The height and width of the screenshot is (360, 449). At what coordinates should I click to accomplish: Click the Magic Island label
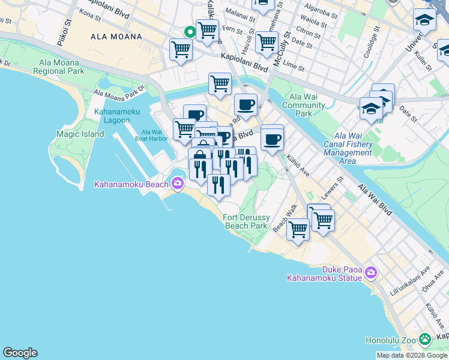80,134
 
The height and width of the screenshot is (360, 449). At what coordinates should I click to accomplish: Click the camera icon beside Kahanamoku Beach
177,184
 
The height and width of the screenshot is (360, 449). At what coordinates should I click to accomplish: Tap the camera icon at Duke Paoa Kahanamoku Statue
370,273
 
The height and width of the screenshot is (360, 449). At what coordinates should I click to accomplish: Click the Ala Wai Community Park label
304,105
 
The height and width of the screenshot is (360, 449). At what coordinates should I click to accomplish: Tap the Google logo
20,353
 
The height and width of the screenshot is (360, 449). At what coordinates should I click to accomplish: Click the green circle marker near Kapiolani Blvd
190,32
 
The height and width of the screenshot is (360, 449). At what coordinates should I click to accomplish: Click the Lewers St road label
334,186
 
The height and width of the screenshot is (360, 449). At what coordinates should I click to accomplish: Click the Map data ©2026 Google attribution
412,355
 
